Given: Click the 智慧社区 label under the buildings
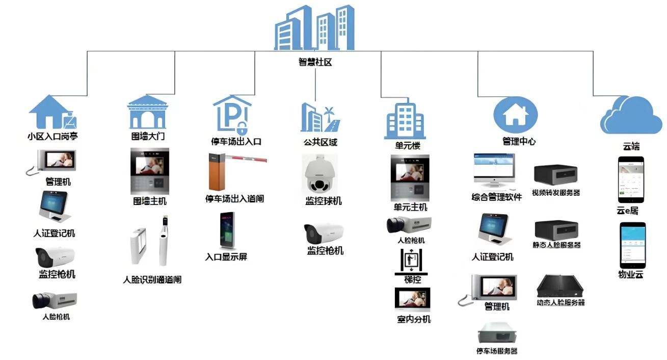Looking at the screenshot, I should [x=315, y=63].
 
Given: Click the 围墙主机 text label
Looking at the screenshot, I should [x=150, y=201].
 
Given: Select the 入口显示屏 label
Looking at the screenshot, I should [x=226, y=257].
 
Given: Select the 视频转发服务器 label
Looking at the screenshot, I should [x=556, y=193].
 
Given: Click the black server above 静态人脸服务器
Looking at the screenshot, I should [x=556, y=229].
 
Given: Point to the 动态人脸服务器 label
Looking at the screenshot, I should [x=561, y=302].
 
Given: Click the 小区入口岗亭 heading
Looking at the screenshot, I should [x=52, y=137].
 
